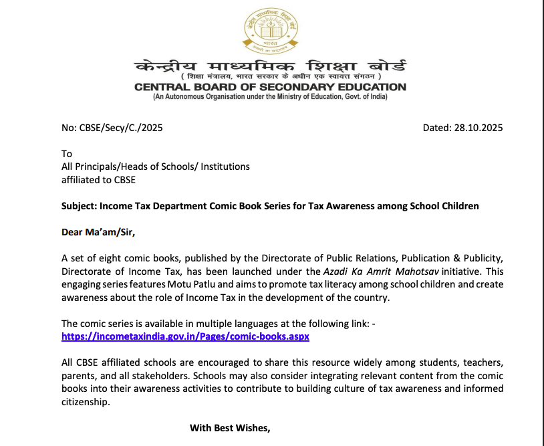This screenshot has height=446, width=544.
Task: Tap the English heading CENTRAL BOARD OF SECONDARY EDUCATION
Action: (x=270, y=87)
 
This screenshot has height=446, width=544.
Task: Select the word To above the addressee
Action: (x=66, y=154)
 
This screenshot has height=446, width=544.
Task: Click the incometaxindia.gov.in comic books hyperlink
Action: (x=185, y=336)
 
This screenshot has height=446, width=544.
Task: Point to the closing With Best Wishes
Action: (x=230, y=427)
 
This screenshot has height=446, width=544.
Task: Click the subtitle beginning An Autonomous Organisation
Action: (x=270, y=97)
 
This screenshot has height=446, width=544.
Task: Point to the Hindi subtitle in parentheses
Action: (x=270, y=78)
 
